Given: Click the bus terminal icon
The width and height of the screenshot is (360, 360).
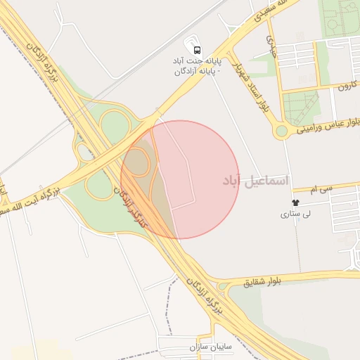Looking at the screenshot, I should pos(198,51).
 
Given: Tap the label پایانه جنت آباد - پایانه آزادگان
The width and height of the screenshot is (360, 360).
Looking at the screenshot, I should pos(198,66).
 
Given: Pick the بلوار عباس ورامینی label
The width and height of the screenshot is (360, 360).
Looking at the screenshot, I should pos(328,126).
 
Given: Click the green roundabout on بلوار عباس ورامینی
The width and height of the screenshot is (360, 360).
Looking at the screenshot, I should pos(282,131).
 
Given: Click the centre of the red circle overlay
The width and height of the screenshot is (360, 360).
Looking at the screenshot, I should pos(180,179).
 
